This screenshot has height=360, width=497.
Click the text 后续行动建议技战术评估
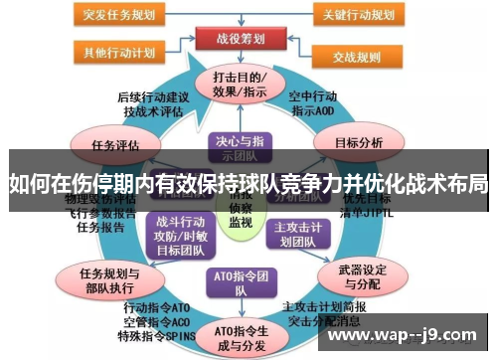click(150, 104)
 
